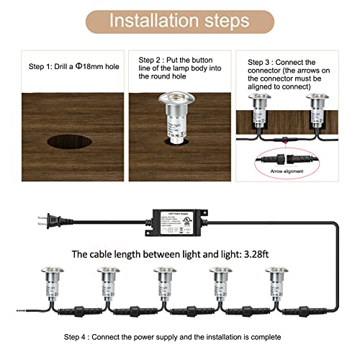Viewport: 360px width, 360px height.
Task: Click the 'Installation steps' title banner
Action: (x=180, y=20)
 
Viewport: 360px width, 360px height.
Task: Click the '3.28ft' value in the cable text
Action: (x=266, y=254)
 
